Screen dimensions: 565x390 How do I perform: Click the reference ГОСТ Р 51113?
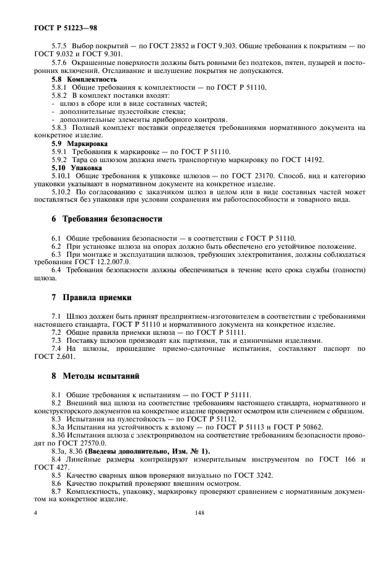point(233,427)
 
